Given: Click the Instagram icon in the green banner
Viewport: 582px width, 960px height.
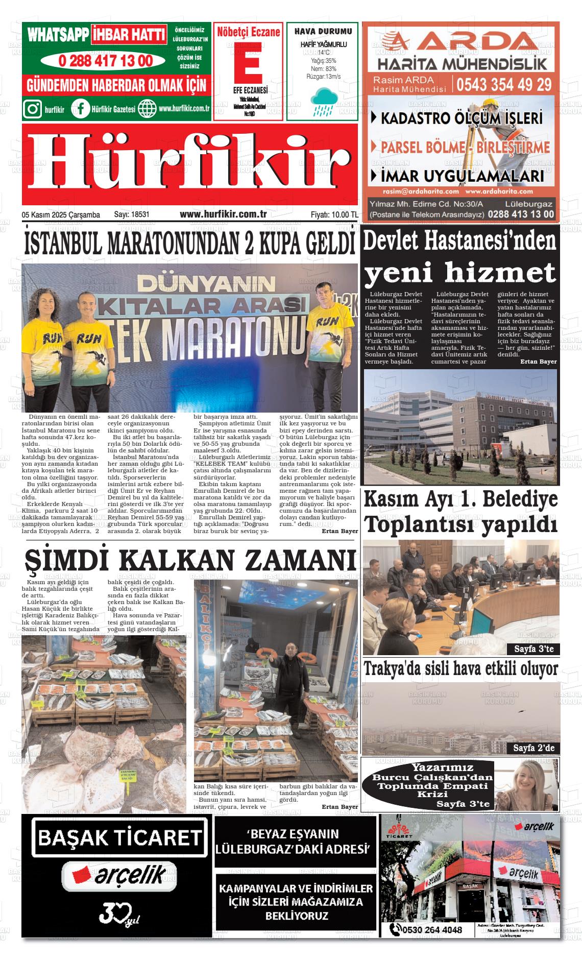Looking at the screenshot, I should click(x=33, y=109).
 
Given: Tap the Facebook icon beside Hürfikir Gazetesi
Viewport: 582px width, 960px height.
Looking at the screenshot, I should click(x=80, y=109).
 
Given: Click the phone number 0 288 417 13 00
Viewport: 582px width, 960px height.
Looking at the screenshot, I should click(x=105, y=61).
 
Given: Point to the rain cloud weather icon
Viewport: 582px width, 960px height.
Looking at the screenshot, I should click(x=323, y=100).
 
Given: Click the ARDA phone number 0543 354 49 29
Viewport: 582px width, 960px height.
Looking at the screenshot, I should click(x=504, y=84).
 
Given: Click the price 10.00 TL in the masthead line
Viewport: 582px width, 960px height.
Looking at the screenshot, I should click(x=344, y=215).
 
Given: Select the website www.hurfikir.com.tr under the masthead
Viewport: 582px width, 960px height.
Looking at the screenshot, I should click(x=223, y=215).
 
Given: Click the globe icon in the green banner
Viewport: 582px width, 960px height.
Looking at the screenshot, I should click(x=147, y=109).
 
